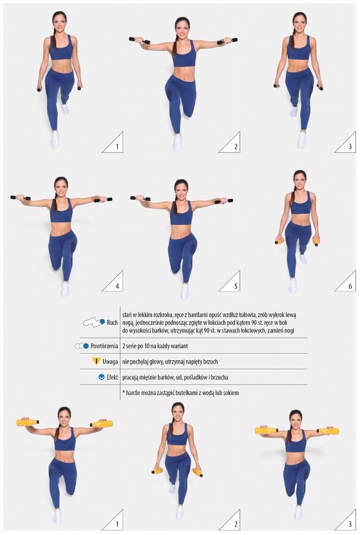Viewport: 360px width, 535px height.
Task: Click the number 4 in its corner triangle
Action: [117, 286]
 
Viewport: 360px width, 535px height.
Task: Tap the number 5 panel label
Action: [236, 286]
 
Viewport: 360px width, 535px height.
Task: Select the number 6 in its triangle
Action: [350, 286]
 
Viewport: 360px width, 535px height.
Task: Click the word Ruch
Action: [112, 322]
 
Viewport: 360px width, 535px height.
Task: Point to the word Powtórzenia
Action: [104, 346]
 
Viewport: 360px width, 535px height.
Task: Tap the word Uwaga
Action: [110, 362]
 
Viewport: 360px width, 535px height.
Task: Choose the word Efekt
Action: [112, 377]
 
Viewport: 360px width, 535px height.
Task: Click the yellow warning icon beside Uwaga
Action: [97, 362]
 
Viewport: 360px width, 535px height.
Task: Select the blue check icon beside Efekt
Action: [101, 377]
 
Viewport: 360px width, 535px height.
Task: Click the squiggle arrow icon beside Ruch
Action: [94, 322]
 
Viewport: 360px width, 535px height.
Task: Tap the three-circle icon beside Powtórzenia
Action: [82, 346]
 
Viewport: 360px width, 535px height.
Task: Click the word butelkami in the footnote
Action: [187, 393]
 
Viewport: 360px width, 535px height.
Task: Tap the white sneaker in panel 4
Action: [65, 289]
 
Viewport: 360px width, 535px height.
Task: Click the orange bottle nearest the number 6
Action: [316, 242]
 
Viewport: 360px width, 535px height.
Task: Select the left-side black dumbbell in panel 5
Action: [140, 198]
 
